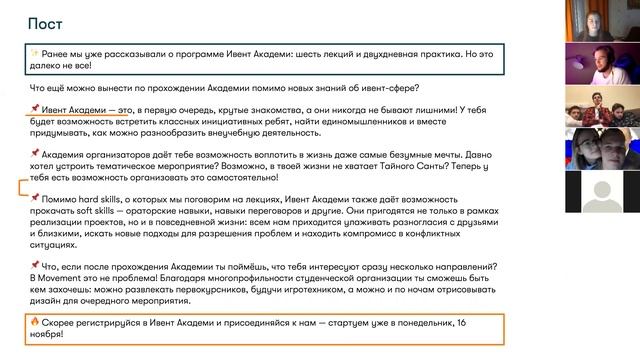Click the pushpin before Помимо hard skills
[34, 199]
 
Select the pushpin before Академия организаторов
[34, 153]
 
